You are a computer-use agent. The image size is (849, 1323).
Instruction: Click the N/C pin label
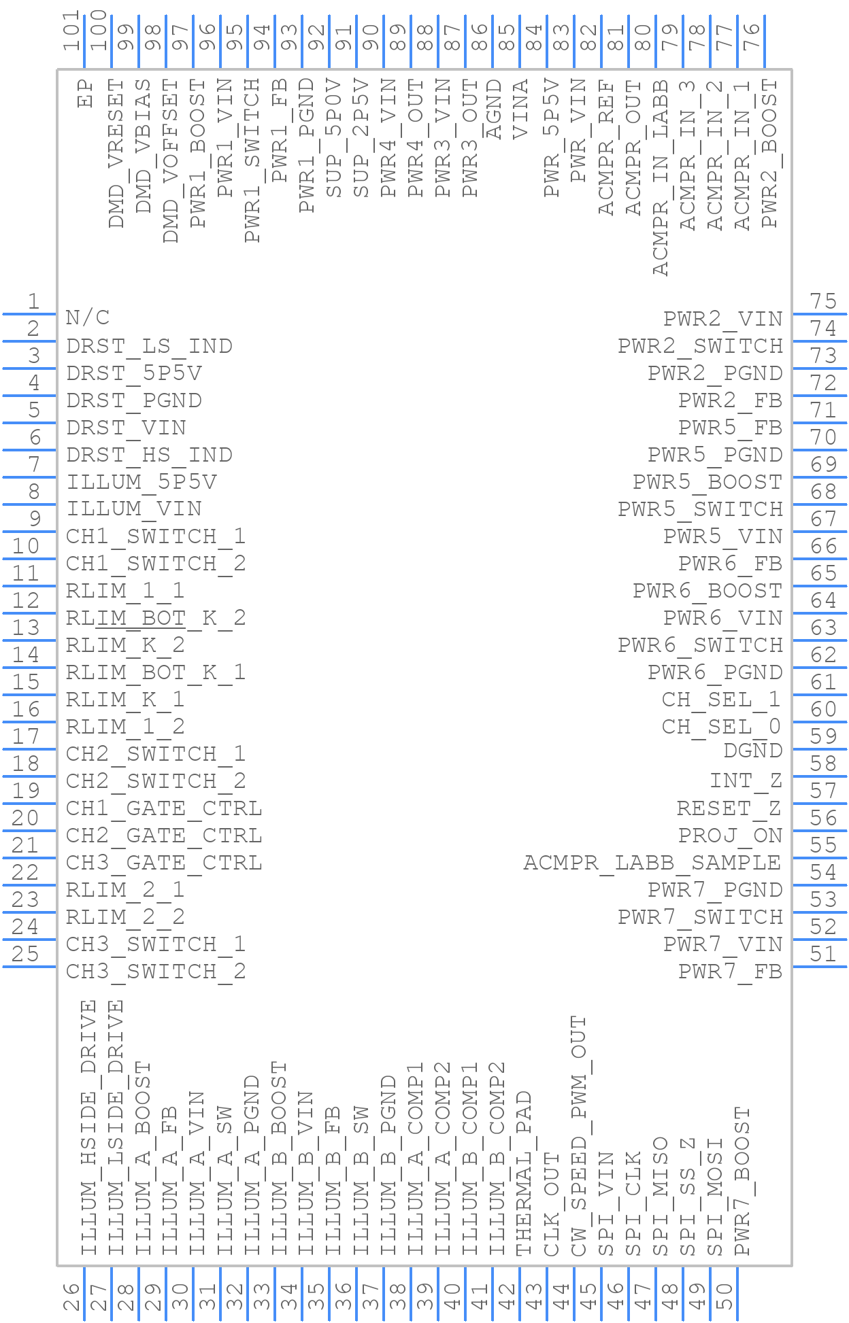point(88,317)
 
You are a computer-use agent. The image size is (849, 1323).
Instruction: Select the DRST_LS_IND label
point(149,346)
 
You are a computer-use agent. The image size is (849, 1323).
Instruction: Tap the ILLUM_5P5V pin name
point(141,482)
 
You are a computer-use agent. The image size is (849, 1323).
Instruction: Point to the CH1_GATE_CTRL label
point(164,808)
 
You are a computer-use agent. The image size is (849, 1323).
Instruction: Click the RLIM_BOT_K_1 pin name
point(156,672)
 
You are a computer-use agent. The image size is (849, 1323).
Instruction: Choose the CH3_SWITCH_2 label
point(156,972)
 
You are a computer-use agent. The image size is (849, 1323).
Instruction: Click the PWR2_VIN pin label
point(723,319)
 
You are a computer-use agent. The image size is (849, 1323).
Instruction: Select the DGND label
point(753,751)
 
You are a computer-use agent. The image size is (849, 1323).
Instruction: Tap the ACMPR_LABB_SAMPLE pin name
point(652,863)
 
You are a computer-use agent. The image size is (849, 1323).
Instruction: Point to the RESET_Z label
point(729,808)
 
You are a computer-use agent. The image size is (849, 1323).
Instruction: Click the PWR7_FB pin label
point(731,972)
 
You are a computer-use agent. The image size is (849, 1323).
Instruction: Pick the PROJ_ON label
point(731,836)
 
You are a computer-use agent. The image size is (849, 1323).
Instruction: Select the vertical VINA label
point(520,109)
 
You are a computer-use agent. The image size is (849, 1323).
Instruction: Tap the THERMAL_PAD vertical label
point(523,1174)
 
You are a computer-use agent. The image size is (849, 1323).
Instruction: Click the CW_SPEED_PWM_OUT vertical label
point(578,1136)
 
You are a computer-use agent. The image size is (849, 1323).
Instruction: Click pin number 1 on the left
point(33,301)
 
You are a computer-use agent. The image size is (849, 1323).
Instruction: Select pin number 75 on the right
point(823,301)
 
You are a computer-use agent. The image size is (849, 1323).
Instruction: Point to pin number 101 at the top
point(71,31)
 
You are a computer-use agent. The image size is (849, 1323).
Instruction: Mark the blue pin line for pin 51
point(820,967)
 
